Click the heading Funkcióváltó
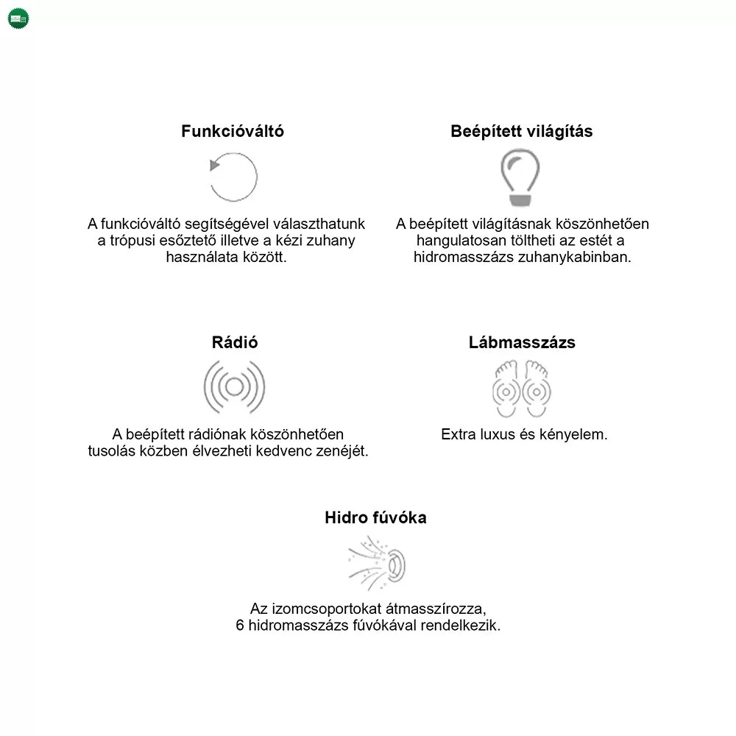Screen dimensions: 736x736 [233, 131]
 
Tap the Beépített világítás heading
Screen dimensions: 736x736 [522, 131]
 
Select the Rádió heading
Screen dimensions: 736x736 [235, 342]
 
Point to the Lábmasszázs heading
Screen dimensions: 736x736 [522, 342]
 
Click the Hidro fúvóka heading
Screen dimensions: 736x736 [375, 517]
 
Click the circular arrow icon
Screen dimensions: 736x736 [234, 177]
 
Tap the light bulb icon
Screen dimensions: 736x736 [520, 177]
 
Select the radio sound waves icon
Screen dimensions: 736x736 [234, 387]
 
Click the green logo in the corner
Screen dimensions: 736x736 [18, 18]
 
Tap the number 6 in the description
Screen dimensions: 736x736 [241, 626]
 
